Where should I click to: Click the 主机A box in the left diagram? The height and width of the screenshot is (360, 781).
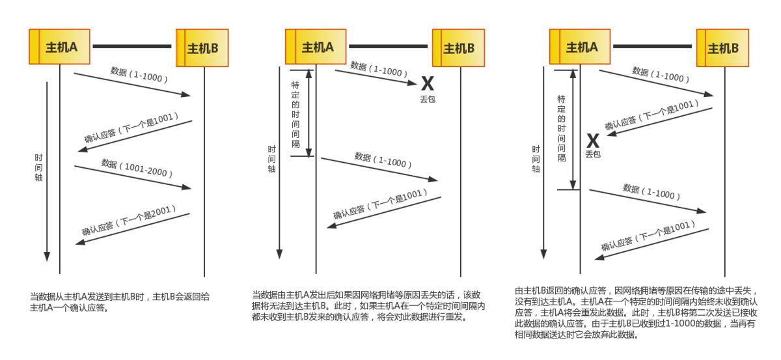pyautogui.click(x=60, y=47)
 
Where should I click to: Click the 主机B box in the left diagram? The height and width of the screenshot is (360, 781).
pyautogui.click(x=202, y=48)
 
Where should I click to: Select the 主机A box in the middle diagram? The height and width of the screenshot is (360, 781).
pyautogui.click(x=317, y=47)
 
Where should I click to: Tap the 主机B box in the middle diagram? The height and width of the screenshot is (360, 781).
pyautogui.click(x=458, y=48)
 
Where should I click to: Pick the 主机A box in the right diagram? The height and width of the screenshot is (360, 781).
pyautogui.click(x=581, y=47)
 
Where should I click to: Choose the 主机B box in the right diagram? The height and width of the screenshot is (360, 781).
pyautogui.click(x=722, y=48)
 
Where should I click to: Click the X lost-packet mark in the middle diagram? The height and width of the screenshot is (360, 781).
pyautogui.click(x=427, y=83)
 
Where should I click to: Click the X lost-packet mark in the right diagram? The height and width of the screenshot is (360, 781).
pyautogui.click(x=593, y=140)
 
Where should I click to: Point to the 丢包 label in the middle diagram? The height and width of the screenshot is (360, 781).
pyautogui.click(x=427, y=98)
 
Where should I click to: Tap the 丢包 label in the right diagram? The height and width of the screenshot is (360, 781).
pyautogui.click(x=593, y=154)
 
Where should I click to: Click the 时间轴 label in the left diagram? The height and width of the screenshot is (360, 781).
pyautogui.click(x=39, y=167)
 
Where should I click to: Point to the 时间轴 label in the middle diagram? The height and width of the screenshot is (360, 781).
pyautogui.click(x=272, y=158)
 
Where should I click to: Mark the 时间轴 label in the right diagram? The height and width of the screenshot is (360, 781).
pyautogui.click(x=536, y=159)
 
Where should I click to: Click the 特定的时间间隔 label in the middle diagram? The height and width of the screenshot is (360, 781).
pyautogui.click(x=295, y=114)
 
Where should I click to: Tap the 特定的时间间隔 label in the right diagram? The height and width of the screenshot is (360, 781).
pyautogui.click(x=561, y=128)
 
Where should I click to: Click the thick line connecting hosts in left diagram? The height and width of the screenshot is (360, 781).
pyautogui.click(x=132, y=47)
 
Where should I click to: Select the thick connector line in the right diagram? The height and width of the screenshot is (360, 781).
pyautogui.click(x=652, y=47)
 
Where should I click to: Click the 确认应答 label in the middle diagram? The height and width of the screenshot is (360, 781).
pyautogui.click(x=381, y=204)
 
